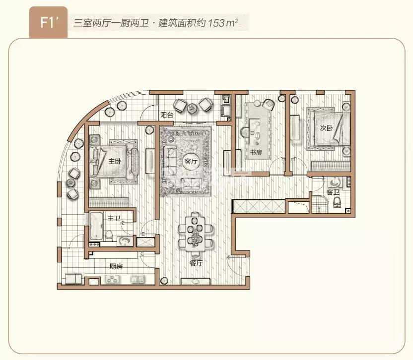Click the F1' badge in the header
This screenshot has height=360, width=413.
pyautogui.click(x=49, y=23)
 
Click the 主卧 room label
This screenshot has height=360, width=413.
pyautogui.click(x=115, y=161)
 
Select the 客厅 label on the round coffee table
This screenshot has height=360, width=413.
pyautogui.click(x=191, y=161)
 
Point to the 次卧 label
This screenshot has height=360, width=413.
pyautogui.click(x=326, y=128)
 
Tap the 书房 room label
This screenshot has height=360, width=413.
pyautogui.click(x=256, y=152)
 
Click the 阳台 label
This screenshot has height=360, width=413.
pyautogui.click(x=167, y=115)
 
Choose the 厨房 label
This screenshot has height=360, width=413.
pyautogui.click(x=116, y=266)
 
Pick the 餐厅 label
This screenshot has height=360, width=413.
pyautogui.click(x=196, y=263)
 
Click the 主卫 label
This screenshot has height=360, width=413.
pyautogui.click(x=114, y=218)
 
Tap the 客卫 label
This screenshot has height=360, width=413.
pyautogui.click(x=333, y=192)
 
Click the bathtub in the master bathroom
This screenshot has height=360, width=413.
pyautogui.click(x=96, y=226)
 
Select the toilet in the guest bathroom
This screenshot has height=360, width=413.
pyautogui.click(x=337, y=202)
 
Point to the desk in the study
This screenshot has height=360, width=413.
pyautogui.click(x=255, y=131)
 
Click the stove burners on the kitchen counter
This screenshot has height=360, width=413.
pyautogui.click(x=113, y=279)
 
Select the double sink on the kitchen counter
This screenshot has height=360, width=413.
pyautogui.click(x=138, y=279)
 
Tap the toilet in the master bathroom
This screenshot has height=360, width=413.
pyautogui.click(x=109, y=236)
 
